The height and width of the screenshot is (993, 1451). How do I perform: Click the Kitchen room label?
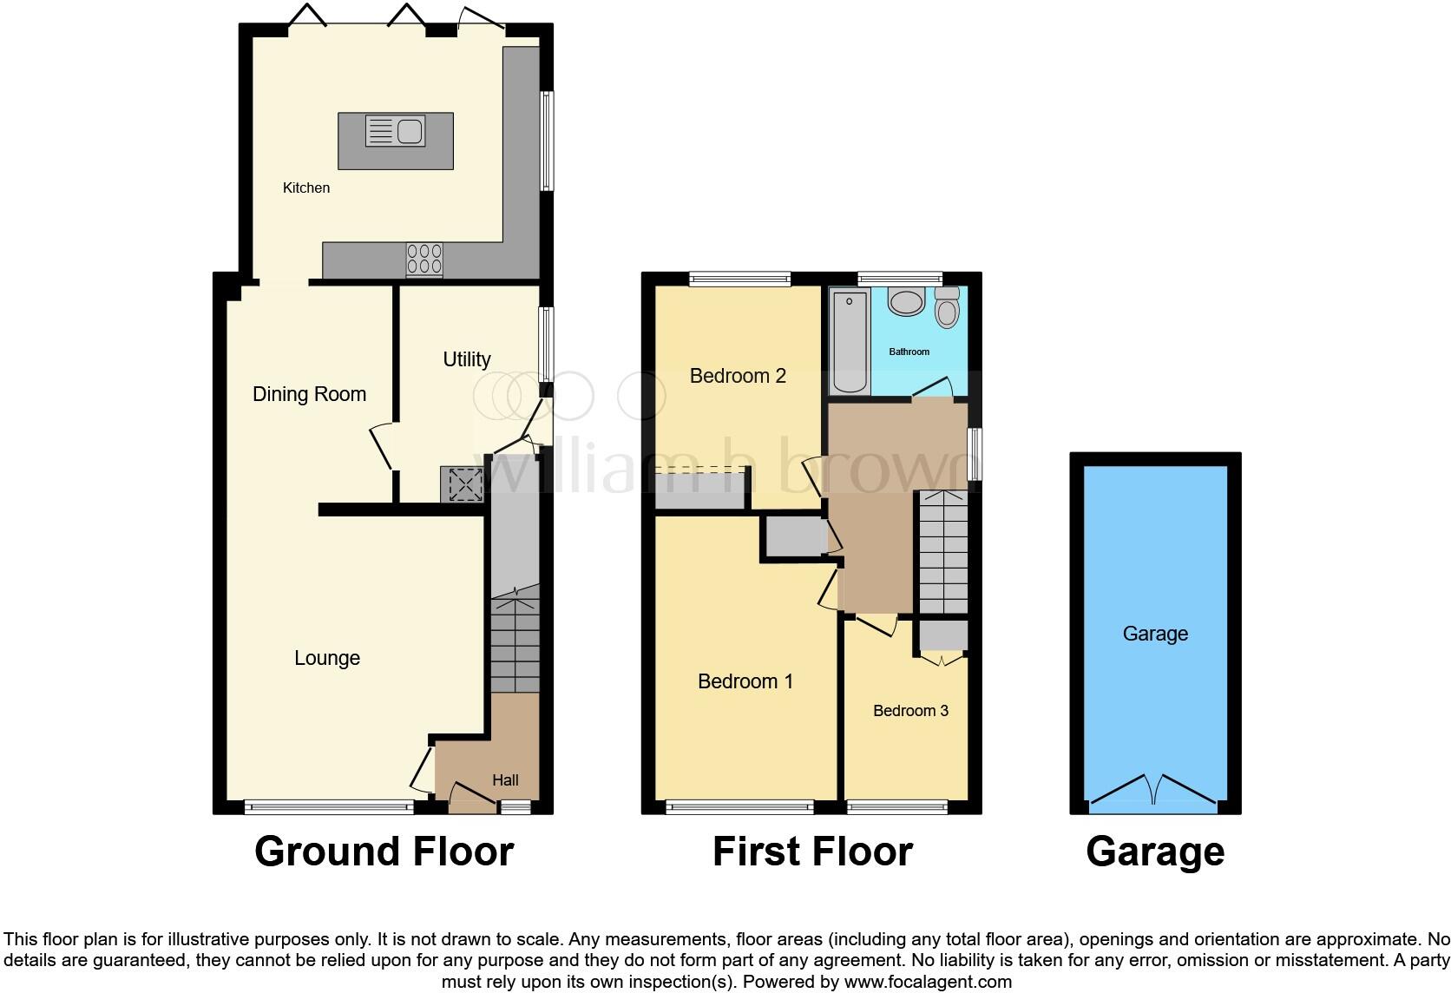(306, 187)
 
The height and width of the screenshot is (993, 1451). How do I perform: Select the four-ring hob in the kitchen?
(424, 259)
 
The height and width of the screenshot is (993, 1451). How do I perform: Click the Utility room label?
(467, 359)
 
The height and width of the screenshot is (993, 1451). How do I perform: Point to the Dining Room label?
(309, 394)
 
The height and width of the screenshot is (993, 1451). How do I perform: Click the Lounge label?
(327, 658)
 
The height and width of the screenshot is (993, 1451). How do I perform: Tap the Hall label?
(505, 780)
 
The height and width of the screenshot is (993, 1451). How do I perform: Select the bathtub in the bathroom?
(850, 343)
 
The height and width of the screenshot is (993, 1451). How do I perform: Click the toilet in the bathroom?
(947, 307)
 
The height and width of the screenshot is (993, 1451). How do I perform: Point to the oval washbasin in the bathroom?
(907, 303)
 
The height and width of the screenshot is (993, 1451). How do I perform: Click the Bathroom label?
(909, 352)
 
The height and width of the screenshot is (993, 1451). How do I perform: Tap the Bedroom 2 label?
(738, 376)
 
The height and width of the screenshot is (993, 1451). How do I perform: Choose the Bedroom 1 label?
(745, 681)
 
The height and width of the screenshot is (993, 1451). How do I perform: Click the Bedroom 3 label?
(910, 711)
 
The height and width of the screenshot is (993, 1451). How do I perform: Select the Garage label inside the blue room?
(1155, 634)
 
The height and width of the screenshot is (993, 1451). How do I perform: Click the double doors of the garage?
(1154, 791)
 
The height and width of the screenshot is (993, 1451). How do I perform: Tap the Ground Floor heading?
(384, 852)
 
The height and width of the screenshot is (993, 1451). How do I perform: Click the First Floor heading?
(812, 852)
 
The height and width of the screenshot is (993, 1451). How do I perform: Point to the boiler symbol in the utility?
(464, 484)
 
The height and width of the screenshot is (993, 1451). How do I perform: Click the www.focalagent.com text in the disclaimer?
(928, 982)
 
